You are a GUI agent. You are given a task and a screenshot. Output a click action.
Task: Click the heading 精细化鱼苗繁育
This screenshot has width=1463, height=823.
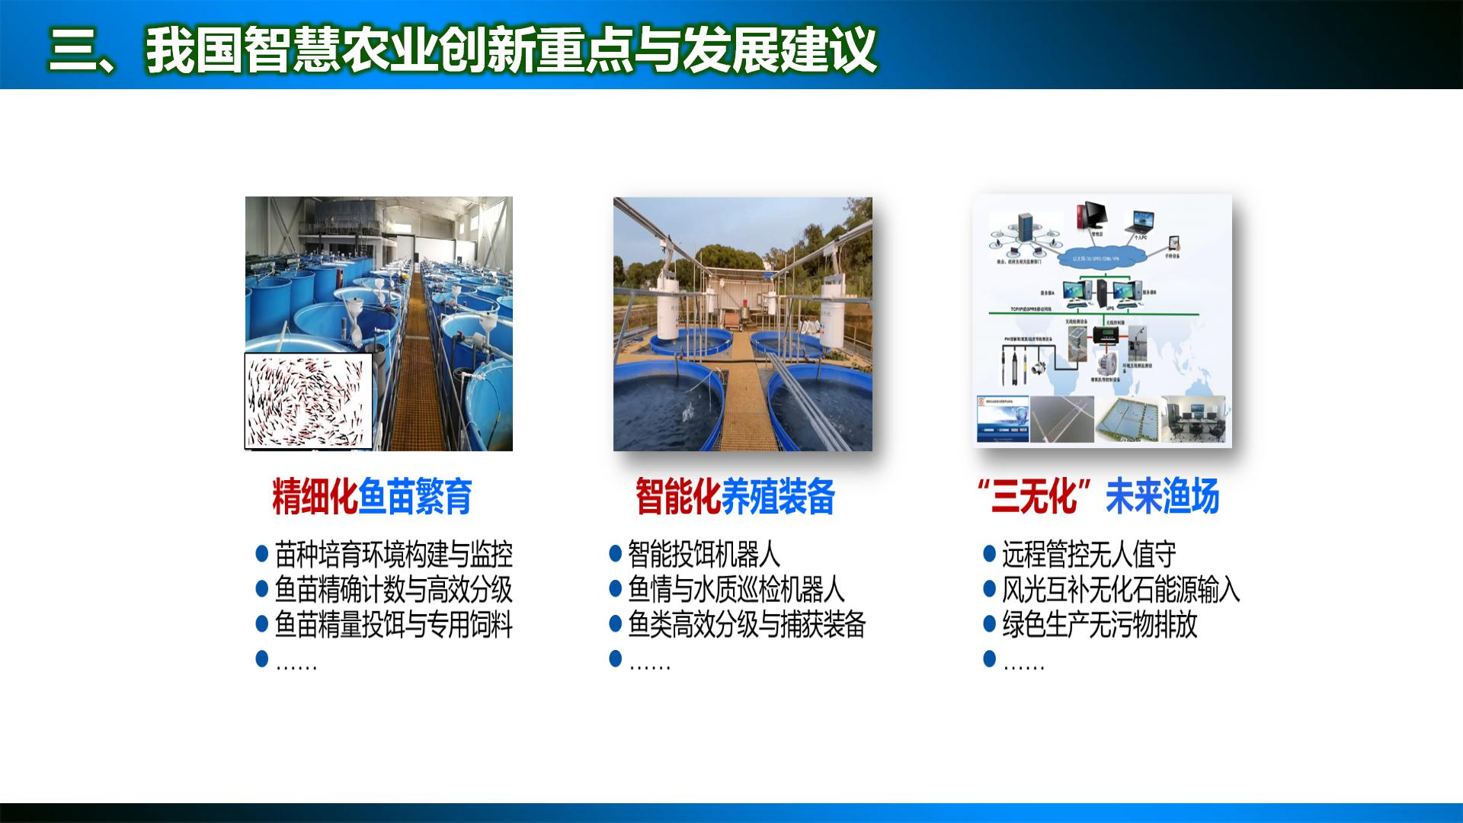(372, 497)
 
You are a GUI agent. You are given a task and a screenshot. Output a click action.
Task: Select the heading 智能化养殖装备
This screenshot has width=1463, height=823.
(735, 497)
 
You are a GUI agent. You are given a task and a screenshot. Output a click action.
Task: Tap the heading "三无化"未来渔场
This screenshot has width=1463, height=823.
(1098, 497)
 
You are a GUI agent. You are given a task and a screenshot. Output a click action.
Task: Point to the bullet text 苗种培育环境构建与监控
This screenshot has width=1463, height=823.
(393, 555)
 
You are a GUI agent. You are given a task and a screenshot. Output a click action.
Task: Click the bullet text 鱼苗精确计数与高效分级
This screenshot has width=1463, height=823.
(393, 590)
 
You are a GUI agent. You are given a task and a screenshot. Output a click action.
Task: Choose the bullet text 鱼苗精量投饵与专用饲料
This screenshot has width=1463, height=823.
(393, 625)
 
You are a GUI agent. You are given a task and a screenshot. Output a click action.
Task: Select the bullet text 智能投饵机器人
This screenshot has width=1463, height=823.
(703, 555)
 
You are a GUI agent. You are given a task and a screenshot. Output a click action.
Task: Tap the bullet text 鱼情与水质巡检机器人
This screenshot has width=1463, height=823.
(736, 590)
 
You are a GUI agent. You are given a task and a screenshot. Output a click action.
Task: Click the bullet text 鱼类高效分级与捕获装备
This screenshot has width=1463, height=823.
(747, 625)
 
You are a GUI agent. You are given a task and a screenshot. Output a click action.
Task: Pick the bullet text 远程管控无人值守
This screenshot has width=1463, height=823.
(1089, 555)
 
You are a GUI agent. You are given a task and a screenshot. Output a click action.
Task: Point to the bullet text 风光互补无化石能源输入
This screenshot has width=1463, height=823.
(1121, 590)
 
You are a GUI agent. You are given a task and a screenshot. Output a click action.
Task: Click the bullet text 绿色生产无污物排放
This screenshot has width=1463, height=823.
(1100, 625)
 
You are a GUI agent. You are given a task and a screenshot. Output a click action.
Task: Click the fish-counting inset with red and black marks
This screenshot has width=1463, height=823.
(309, 401)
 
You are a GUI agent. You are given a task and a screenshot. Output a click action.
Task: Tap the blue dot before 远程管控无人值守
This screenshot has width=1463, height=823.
(990, 553)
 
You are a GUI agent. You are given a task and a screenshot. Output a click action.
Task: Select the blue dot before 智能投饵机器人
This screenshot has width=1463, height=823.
(616, 553)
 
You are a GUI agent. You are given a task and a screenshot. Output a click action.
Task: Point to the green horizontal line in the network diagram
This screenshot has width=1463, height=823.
(1097, 312)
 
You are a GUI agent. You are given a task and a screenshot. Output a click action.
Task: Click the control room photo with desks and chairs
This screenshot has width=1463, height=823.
(1193, 418)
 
